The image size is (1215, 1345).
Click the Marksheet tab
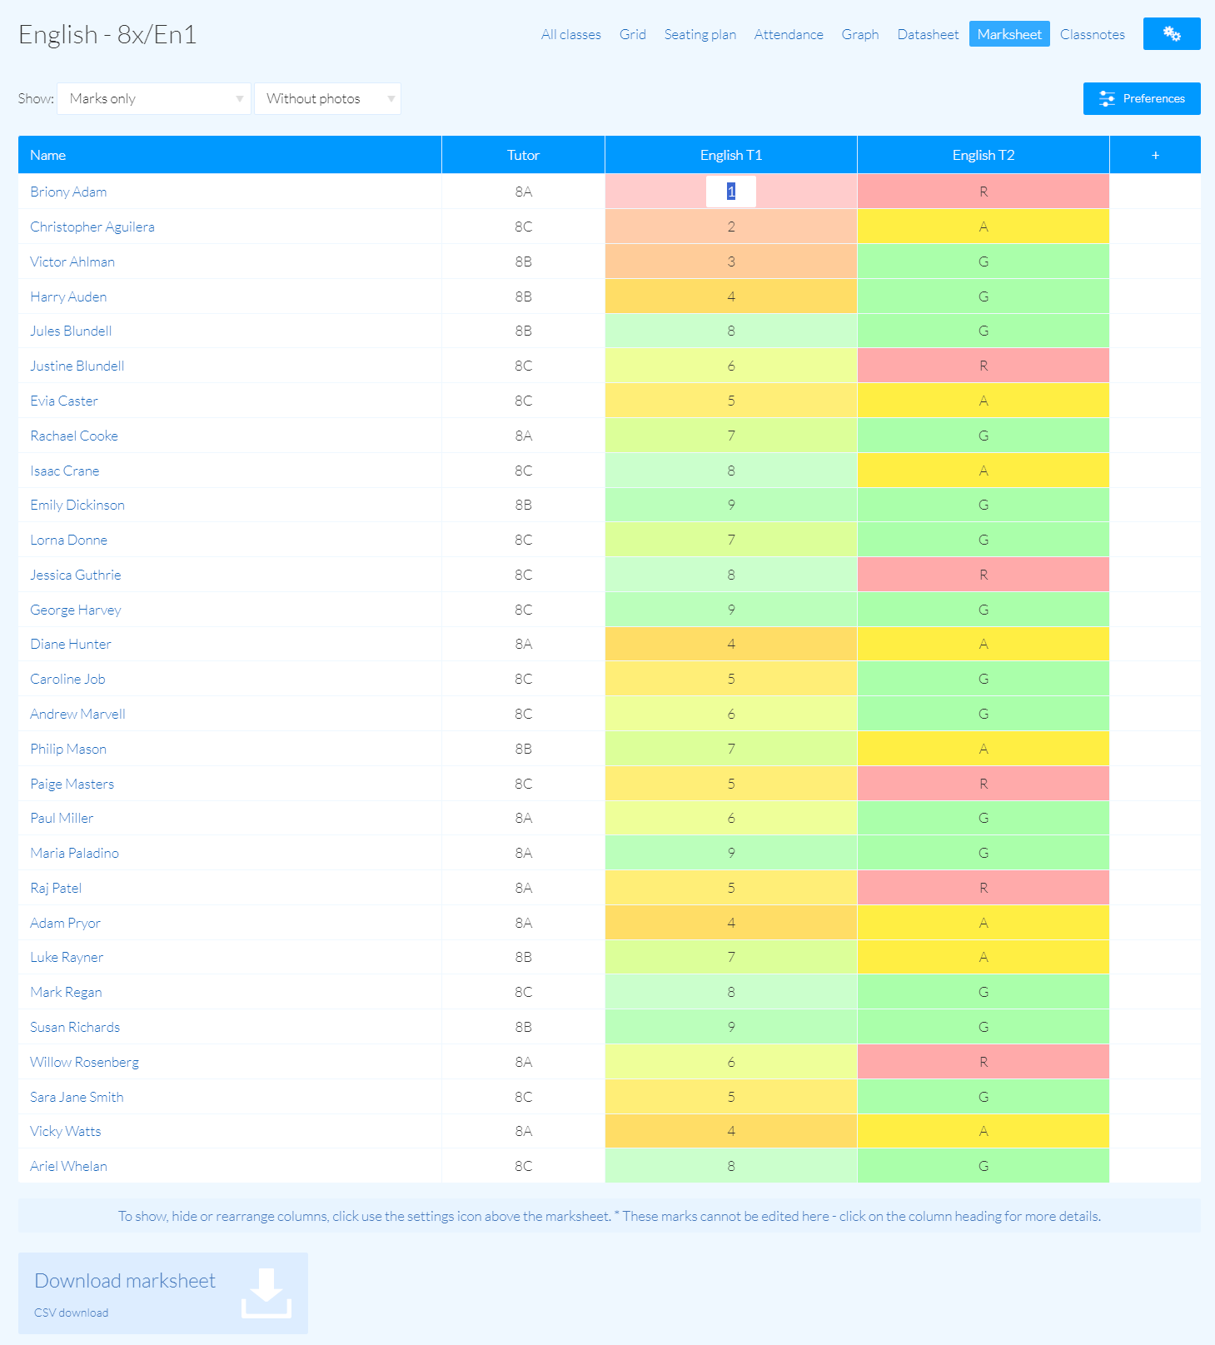point(1009,34)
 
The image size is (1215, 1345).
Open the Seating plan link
point(700,34)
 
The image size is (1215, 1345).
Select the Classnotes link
point(1092,34)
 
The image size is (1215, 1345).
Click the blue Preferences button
point(1141,98)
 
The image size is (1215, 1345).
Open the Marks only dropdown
point(154,98)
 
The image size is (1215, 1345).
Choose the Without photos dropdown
point(327,98)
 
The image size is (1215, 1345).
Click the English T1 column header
point(730,155)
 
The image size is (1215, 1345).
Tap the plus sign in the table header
point(1155,155)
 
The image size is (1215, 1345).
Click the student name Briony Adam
point(68,192)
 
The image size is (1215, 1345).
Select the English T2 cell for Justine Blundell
point(983,366)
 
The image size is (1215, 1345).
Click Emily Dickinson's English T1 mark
point(730,505)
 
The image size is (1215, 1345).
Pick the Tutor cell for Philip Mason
point(523,749)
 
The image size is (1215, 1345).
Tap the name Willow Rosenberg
point(84,1062)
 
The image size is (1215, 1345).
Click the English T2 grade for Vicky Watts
point(983,1131)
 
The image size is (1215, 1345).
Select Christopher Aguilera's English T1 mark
point(730,227)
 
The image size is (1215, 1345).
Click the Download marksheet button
point(163,1293)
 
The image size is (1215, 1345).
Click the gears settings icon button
point(1171,34)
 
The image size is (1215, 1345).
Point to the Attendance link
point(788,34)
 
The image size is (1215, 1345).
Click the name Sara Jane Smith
point(77,1097)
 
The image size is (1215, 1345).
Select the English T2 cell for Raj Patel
point(983,888)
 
